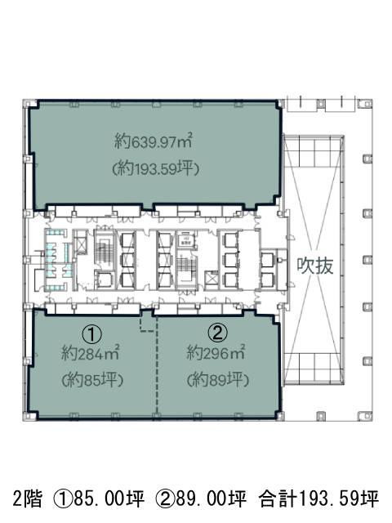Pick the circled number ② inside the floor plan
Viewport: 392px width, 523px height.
(217, 333)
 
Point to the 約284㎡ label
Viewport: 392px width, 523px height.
(91, 354)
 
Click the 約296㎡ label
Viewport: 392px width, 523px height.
(216, 354)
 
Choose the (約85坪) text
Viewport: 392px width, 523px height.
(91, 380)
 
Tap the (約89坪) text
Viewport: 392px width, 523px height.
(216, 380)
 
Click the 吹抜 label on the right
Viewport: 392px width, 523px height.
(316, 267)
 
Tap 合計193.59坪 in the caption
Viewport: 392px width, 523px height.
(318, 497)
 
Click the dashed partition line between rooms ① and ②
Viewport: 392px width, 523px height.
(147, 324)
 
